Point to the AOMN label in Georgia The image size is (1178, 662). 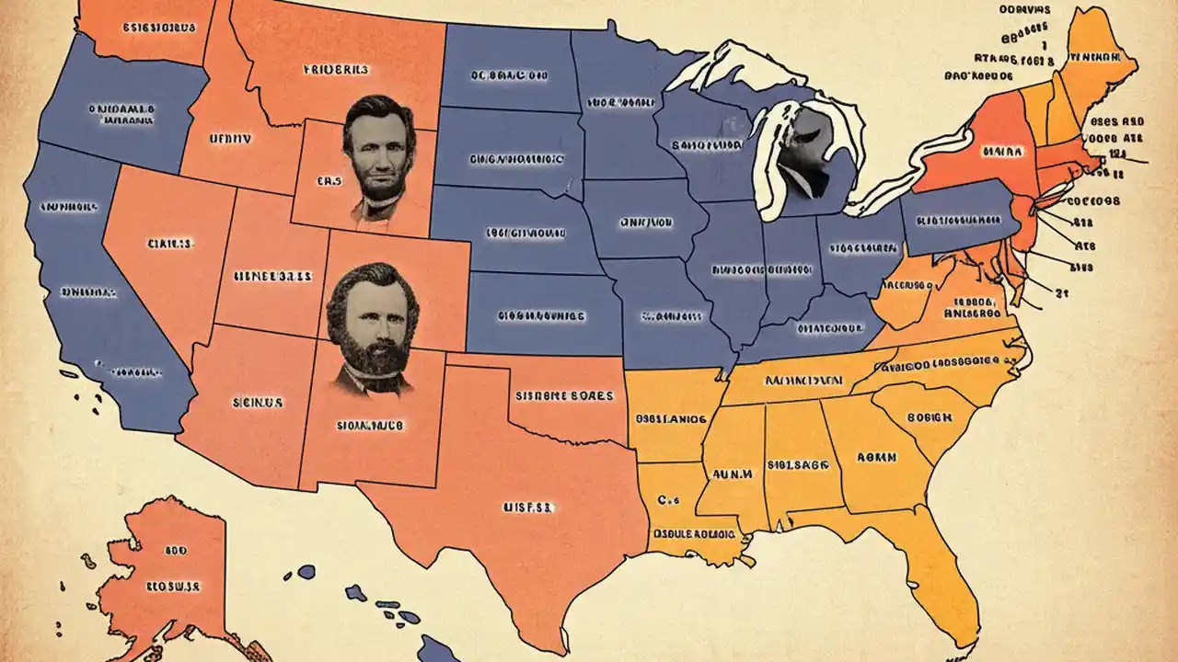(x=878, y=456)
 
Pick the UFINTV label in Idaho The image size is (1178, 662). (x=229, y=139)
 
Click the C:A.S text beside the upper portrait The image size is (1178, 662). (x=329, y=182)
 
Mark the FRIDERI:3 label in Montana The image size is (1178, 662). (x=335, y=69)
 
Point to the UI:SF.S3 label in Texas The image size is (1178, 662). (x=526, y=507)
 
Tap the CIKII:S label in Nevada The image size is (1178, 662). (x=169, y=245)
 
